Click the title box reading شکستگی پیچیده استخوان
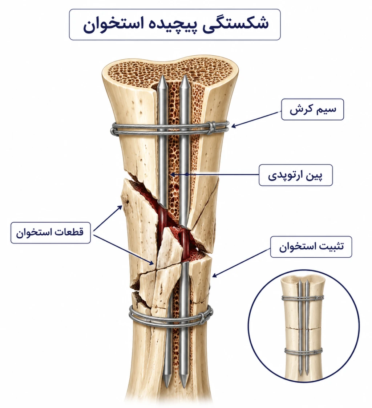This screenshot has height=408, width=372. click(175, 24)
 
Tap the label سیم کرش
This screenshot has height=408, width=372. click(312, 109)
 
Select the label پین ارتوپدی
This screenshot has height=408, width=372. click(296, 175)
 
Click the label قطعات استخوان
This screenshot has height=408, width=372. click(50, 233)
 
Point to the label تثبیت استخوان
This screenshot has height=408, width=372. click(311, 247)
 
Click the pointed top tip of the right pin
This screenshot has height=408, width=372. click(185, 76)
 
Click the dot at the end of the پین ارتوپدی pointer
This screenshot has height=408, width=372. click(186, 175)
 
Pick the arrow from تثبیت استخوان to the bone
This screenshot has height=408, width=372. click(241, 262)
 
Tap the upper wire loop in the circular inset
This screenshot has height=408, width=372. click(303, 298)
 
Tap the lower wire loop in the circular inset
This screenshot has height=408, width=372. click(303, 351)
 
